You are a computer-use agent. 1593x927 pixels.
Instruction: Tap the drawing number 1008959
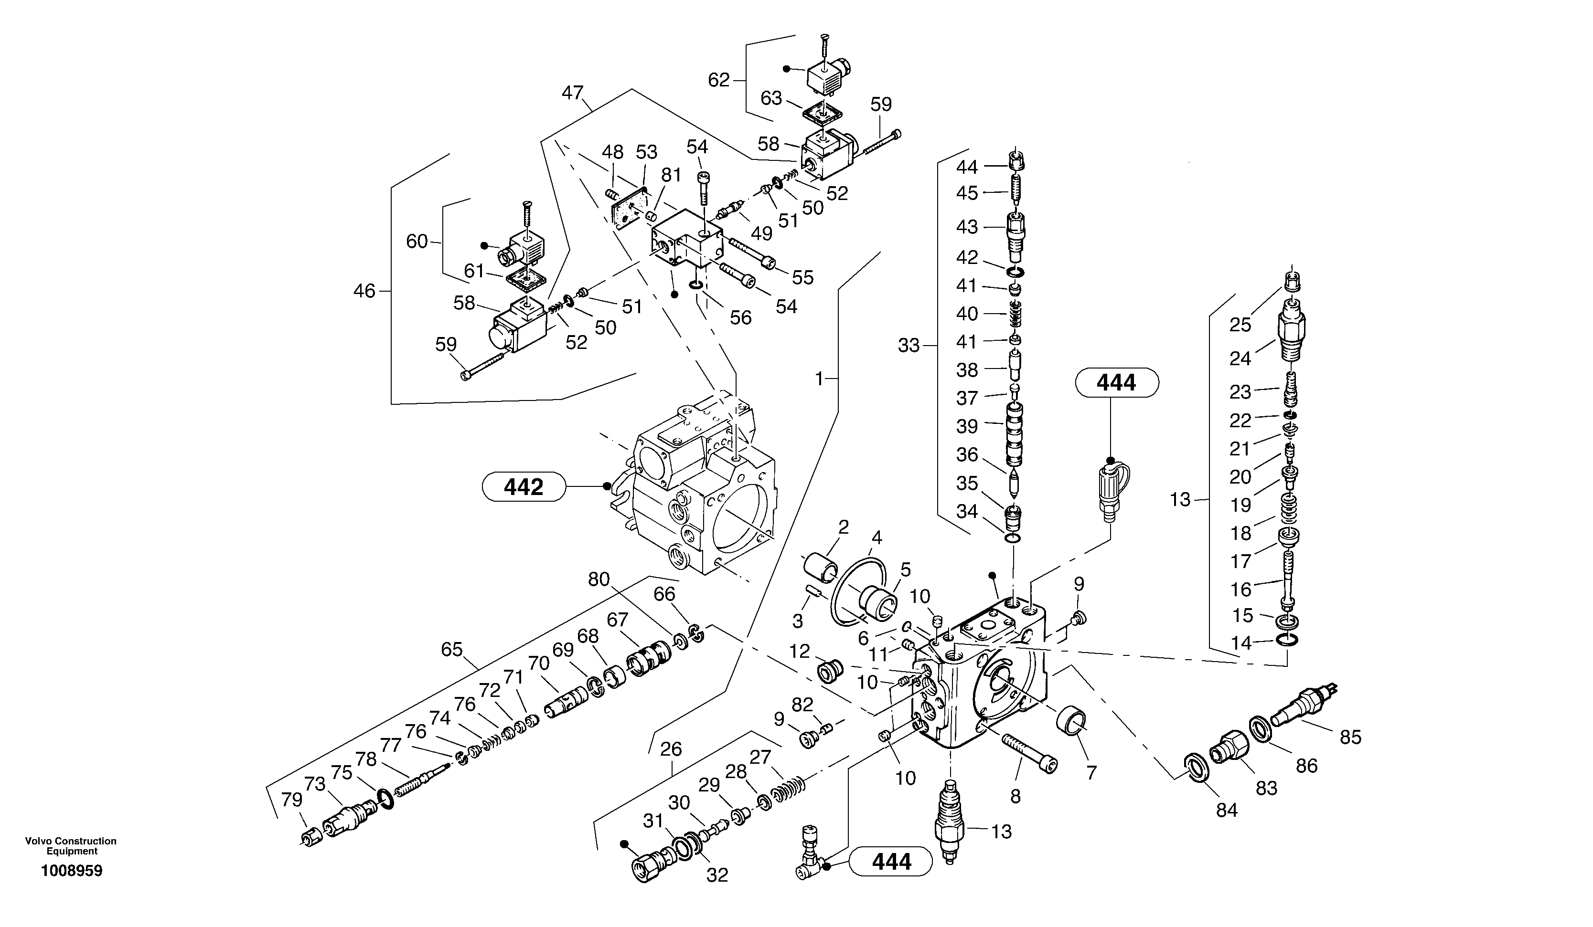point(72,871)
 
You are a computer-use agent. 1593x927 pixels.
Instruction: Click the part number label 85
point(1350,737)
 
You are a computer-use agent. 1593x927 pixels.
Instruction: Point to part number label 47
point(572,93)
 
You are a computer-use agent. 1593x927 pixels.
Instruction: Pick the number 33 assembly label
point(909,346)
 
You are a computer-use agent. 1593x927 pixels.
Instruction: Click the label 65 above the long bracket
point(452,649)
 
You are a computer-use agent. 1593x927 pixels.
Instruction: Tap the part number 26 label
point(671,749)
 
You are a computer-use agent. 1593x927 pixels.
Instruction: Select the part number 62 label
point(719,80)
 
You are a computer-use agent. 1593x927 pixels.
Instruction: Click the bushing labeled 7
point(1072,721)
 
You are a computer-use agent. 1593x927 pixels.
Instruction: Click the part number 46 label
point(364,291)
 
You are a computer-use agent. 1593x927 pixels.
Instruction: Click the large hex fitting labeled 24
point(1292,329)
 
